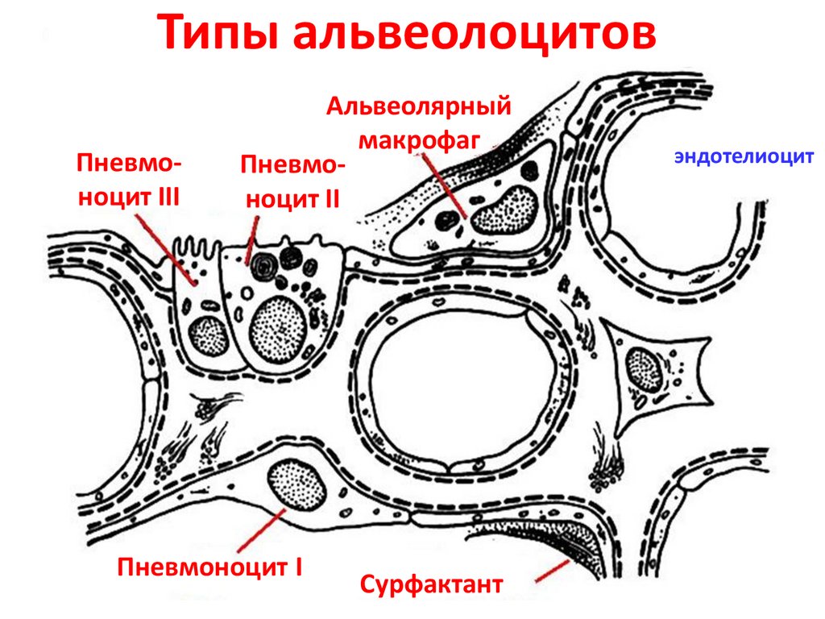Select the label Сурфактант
click(431, 583)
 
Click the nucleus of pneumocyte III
click(208, 335)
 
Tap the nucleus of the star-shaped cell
click(645, 369)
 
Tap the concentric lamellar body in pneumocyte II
click(259, 263)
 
